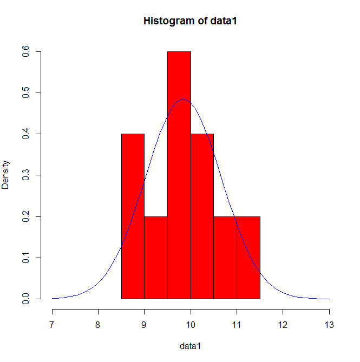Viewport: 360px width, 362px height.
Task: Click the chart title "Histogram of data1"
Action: coord(190,21)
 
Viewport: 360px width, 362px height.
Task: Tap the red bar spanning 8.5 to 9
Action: coord(133,216)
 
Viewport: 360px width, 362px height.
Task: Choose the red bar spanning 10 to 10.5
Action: coord(202,216)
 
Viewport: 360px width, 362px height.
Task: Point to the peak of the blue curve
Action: coord(183,100)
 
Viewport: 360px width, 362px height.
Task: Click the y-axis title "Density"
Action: coord(6,174)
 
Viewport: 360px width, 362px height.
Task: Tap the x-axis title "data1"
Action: coord(190,345)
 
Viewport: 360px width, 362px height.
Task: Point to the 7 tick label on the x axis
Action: coord(52,325)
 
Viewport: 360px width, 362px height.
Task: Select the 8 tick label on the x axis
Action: coord(98,325)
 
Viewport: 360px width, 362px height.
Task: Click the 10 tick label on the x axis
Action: coord(191,325)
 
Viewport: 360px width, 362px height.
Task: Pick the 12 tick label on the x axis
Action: coord(283,325)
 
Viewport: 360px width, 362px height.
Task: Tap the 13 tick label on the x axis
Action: coord(329,325)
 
